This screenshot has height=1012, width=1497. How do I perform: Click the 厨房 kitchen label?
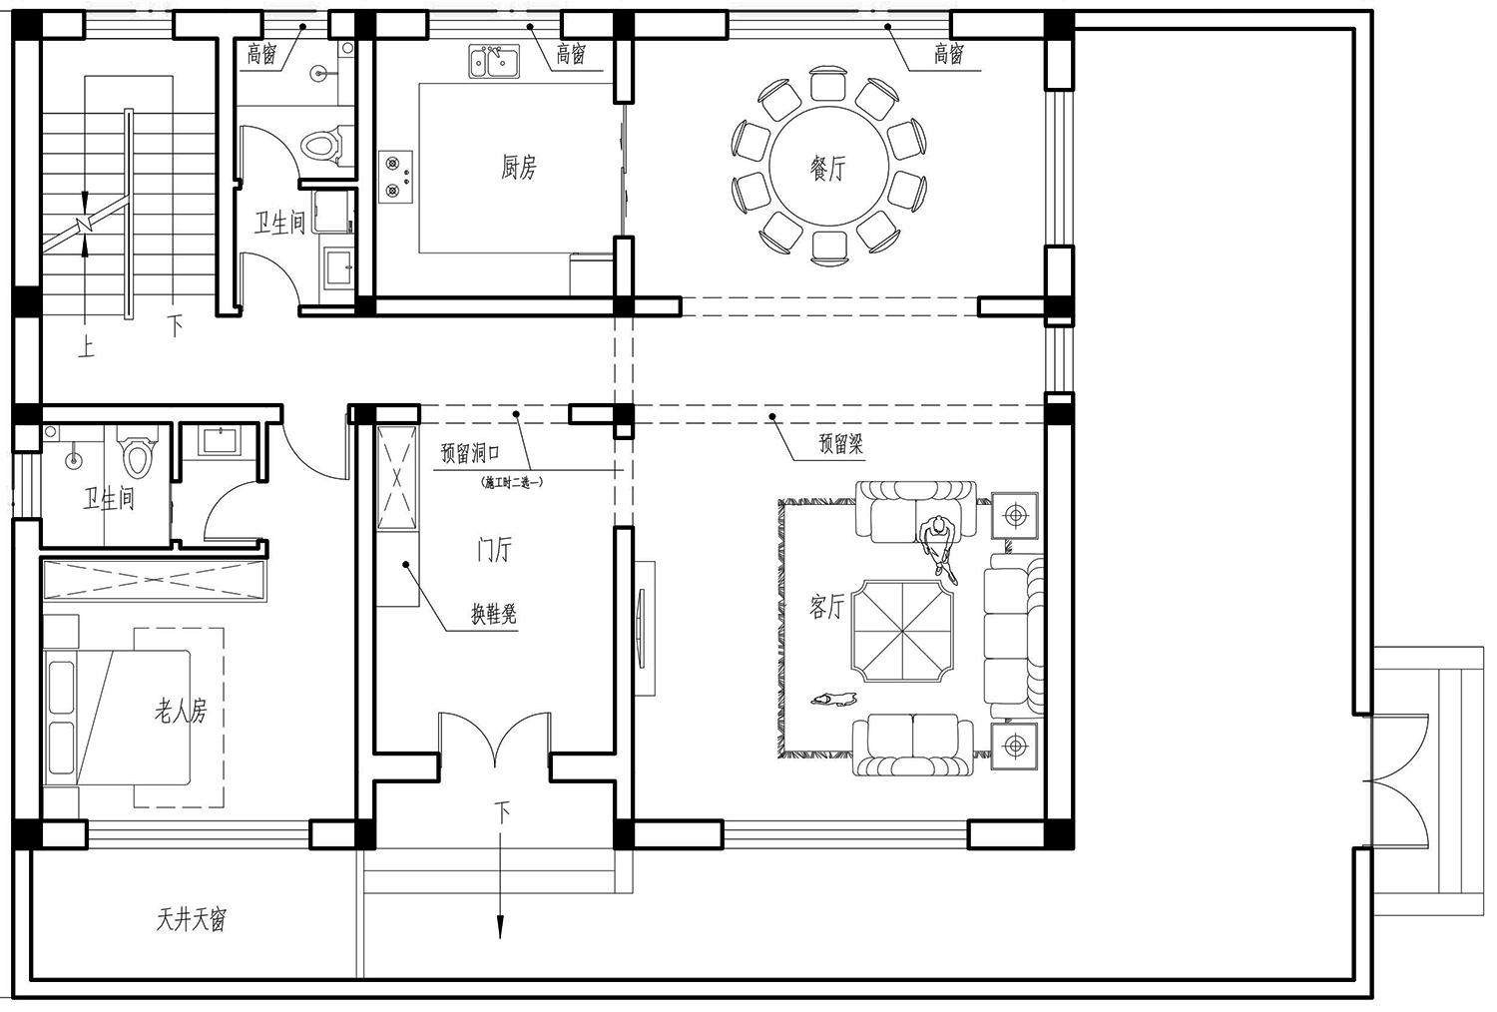519,167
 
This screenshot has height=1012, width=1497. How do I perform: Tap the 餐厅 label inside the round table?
828,168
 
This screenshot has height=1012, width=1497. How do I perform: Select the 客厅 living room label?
827,606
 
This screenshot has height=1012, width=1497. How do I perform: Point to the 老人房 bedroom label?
181,711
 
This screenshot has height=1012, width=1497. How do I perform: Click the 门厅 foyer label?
495,550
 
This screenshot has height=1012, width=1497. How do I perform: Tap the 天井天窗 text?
192,920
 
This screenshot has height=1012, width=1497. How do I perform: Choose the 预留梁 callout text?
841,444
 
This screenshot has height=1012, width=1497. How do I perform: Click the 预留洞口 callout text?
470,453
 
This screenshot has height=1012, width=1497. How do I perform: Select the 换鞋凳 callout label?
494,614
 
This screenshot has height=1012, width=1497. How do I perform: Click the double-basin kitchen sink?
494,62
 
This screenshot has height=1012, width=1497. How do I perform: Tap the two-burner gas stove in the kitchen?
395,177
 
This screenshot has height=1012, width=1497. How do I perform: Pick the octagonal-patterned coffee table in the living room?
902,631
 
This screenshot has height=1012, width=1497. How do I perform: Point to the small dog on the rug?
833,700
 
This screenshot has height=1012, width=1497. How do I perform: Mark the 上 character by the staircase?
86,347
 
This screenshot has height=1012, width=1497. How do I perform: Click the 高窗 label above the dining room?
949,54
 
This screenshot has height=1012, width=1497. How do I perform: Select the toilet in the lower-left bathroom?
138,454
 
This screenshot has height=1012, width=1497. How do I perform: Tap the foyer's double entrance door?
495,739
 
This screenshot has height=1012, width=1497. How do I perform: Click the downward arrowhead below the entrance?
500,928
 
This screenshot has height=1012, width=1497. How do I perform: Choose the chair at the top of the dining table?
829,83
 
